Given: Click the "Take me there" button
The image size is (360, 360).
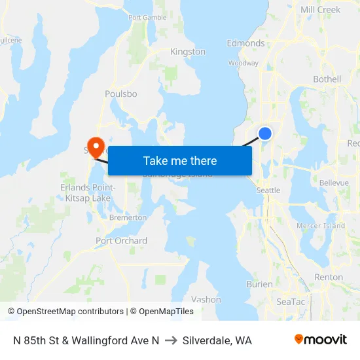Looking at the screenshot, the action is click(x=180, y=160).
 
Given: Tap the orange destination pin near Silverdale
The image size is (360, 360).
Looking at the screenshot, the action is click(x=96, y=146).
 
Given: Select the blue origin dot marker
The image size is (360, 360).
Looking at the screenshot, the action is click(x=265, y=134).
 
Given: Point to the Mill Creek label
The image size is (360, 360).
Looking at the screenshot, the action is click(x=320, y=10).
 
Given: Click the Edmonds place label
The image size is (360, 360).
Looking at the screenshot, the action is click(x=245, y=43).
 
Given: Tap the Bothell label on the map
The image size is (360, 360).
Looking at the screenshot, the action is click(x=327, y=79).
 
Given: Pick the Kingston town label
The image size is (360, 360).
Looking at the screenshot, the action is click(x=188, y=52).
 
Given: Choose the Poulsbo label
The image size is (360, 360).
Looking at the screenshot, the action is click(x=121, y=94).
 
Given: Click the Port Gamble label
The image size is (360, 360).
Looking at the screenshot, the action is click(x=147, y=18).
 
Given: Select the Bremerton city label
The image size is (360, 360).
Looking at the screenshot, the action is click(x=128, y=217).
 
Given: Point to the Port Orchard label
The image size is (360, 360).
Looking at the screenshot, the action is click(x=121, y=240).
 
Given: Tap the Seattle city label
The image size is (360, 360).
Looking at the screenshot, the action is click(x=268, y=190).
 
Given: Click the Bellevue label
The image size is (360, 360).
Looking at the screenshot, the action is click(x=334, y=183).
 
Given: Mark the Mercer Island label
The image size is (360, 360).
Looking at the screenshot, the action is click(x=321, y=226).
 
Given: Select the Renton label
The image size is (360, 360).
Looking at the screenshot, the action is click(x=329, y=277).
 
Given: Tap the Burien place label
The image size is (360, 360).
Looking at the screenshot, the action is click(x=260, y=284).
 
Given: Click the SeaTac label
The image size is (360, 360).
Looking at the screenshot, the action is click(x=291, y=302).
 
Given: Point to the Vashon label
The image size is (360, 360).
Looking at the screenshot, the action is click(x=206, y=299).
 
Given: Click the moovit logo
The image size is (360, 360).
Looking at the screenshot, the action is click(x=321, y=340).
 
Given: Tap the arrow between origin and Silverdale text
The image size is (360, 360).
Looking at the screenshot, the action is click(x=171, y=340).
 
